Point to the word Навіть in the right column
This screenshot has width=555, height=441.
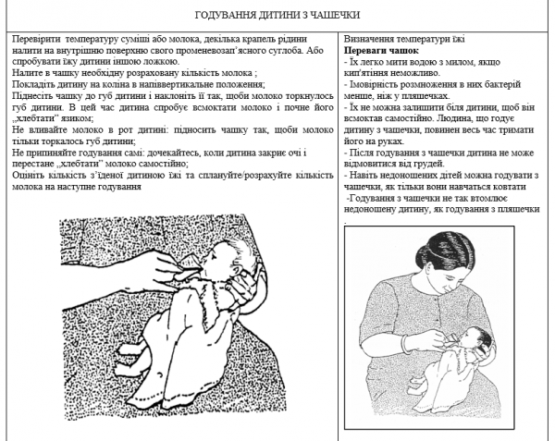(x=366, y=177)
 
